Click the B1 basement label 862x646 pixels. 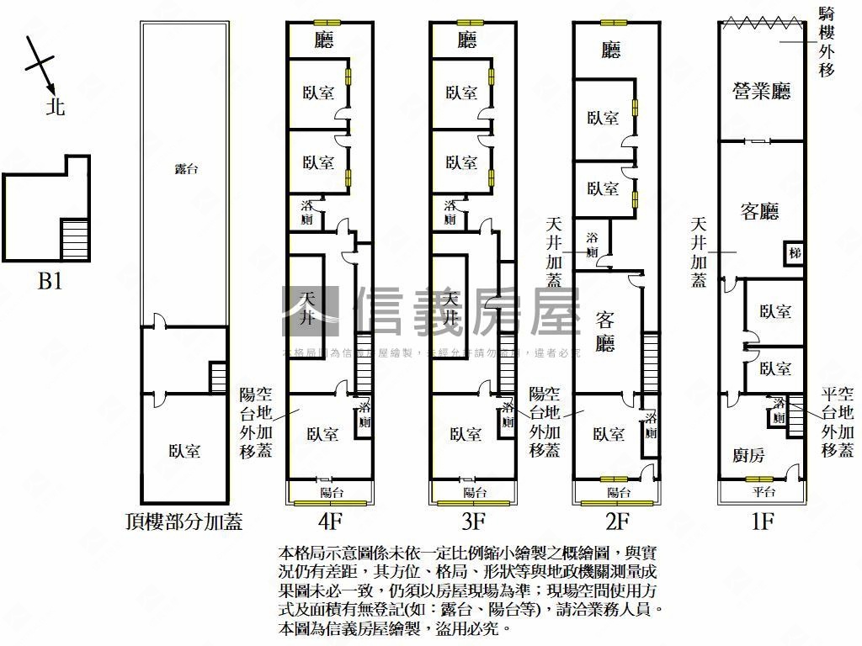50,281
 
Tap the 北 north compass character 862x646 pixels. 56,107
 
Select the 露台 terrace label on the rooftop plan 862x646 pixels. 185,169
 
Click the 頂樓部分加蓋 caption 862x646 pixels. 183,522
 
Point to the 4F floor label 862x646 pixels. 331,522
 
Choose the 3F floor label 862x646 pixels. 474,522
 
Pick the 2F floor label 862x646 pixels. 617,522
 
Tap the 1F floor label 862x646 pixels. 762,522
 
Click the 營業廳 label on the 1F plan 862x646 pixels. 762,91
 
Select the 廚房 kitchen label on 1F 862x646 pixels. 749,456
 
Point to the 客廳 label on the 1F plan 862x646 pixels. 759,212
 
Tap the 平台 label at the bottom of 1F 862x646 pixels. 763,492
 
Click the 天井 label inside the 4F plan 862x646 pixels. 308,309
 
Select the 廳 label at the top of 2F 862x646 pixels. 611,51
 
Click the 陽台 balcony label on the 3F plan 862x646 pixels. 475,492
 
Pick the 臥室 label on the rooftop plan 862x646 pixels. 184,452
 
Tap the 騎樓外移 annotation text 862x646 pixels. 827,41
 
